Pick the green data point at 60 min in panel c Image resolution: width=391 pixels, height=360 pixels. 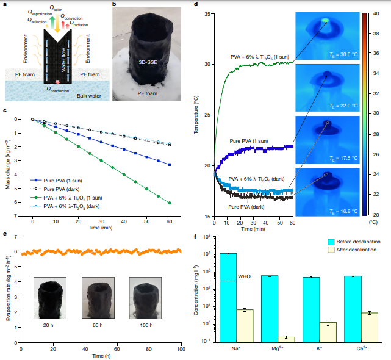pyautogui.click(x=169, y=203)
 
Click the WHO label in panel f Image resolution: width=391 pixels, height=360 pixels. pyautogui.click(x=245, y=276)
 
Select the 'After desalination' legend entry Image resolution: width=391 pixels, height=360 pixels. pyautogui.click(x=351, y=250)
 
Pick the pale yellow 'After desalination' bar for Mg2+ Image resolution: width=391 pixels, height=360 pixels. pyautogui.click(x=285, y=339)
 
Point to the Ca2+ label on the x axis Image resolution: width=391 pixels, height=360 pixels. pyautogui.click(x=361, y=348)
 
